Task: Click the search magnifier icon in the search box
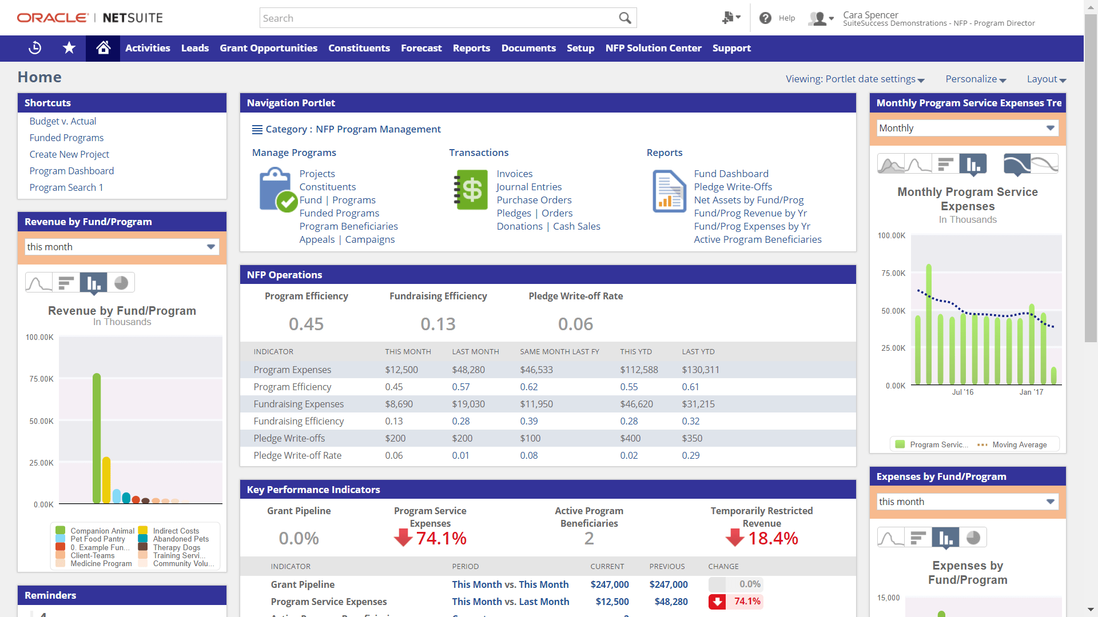point(624,18)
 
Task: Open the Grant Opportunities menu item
point(268,49)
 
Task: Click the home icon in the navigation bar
point(103,49)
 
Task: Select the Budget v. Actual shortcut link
point(63,121)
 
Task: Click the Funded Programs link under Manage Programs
point(339,213)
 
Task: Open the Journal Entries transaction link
point(529,187)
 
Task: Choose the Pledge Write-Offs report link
point(733,187)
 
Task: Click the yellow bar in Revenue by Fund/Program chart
point(106,480)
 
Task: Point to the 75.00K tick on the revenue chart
point(41,379)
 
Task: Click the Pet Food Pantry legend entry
point(97,539)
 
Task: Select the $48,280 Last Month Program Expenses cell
point(468,370)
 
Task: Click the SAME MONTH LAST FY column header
point(559,351)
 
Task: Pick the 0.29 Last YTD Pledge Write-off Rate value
point(690,455)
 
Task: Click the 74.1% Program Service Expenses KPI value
point(441,538)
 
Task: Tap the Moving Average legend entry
point(1019,444)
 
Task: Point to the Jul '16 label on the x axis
point(962,392)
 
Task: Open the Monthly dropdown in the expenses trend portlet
point(967,128)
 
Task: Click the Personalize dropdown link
point(975,79)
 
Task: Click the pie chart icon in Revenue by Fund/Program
point(121,282)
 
